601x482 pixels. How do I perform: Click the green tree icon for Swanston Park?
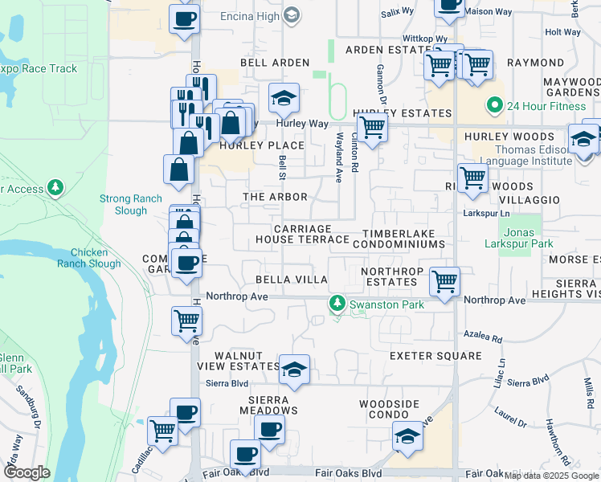point(337,304)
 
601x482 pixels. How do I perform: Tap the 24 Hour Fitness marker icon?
point(495,104)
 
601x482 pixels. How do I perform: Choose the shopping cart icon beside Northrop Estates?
point(444,281)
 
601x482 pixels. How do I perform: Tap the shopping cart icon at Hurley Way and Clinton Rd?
point(371,127)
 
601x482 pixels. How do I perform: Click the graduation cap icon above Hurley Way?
point(283,98)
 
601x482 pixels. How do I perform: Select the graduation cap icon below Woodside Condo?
point(408,436)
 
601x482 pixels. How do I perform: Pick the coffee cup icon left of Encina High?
point(184,18)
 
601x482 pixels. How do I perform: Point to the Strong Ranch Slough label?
point(124,204)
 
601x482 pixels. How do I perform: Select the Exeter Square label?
point(435,355)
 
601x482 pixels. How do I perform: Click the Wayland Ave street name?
point(340,152)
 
